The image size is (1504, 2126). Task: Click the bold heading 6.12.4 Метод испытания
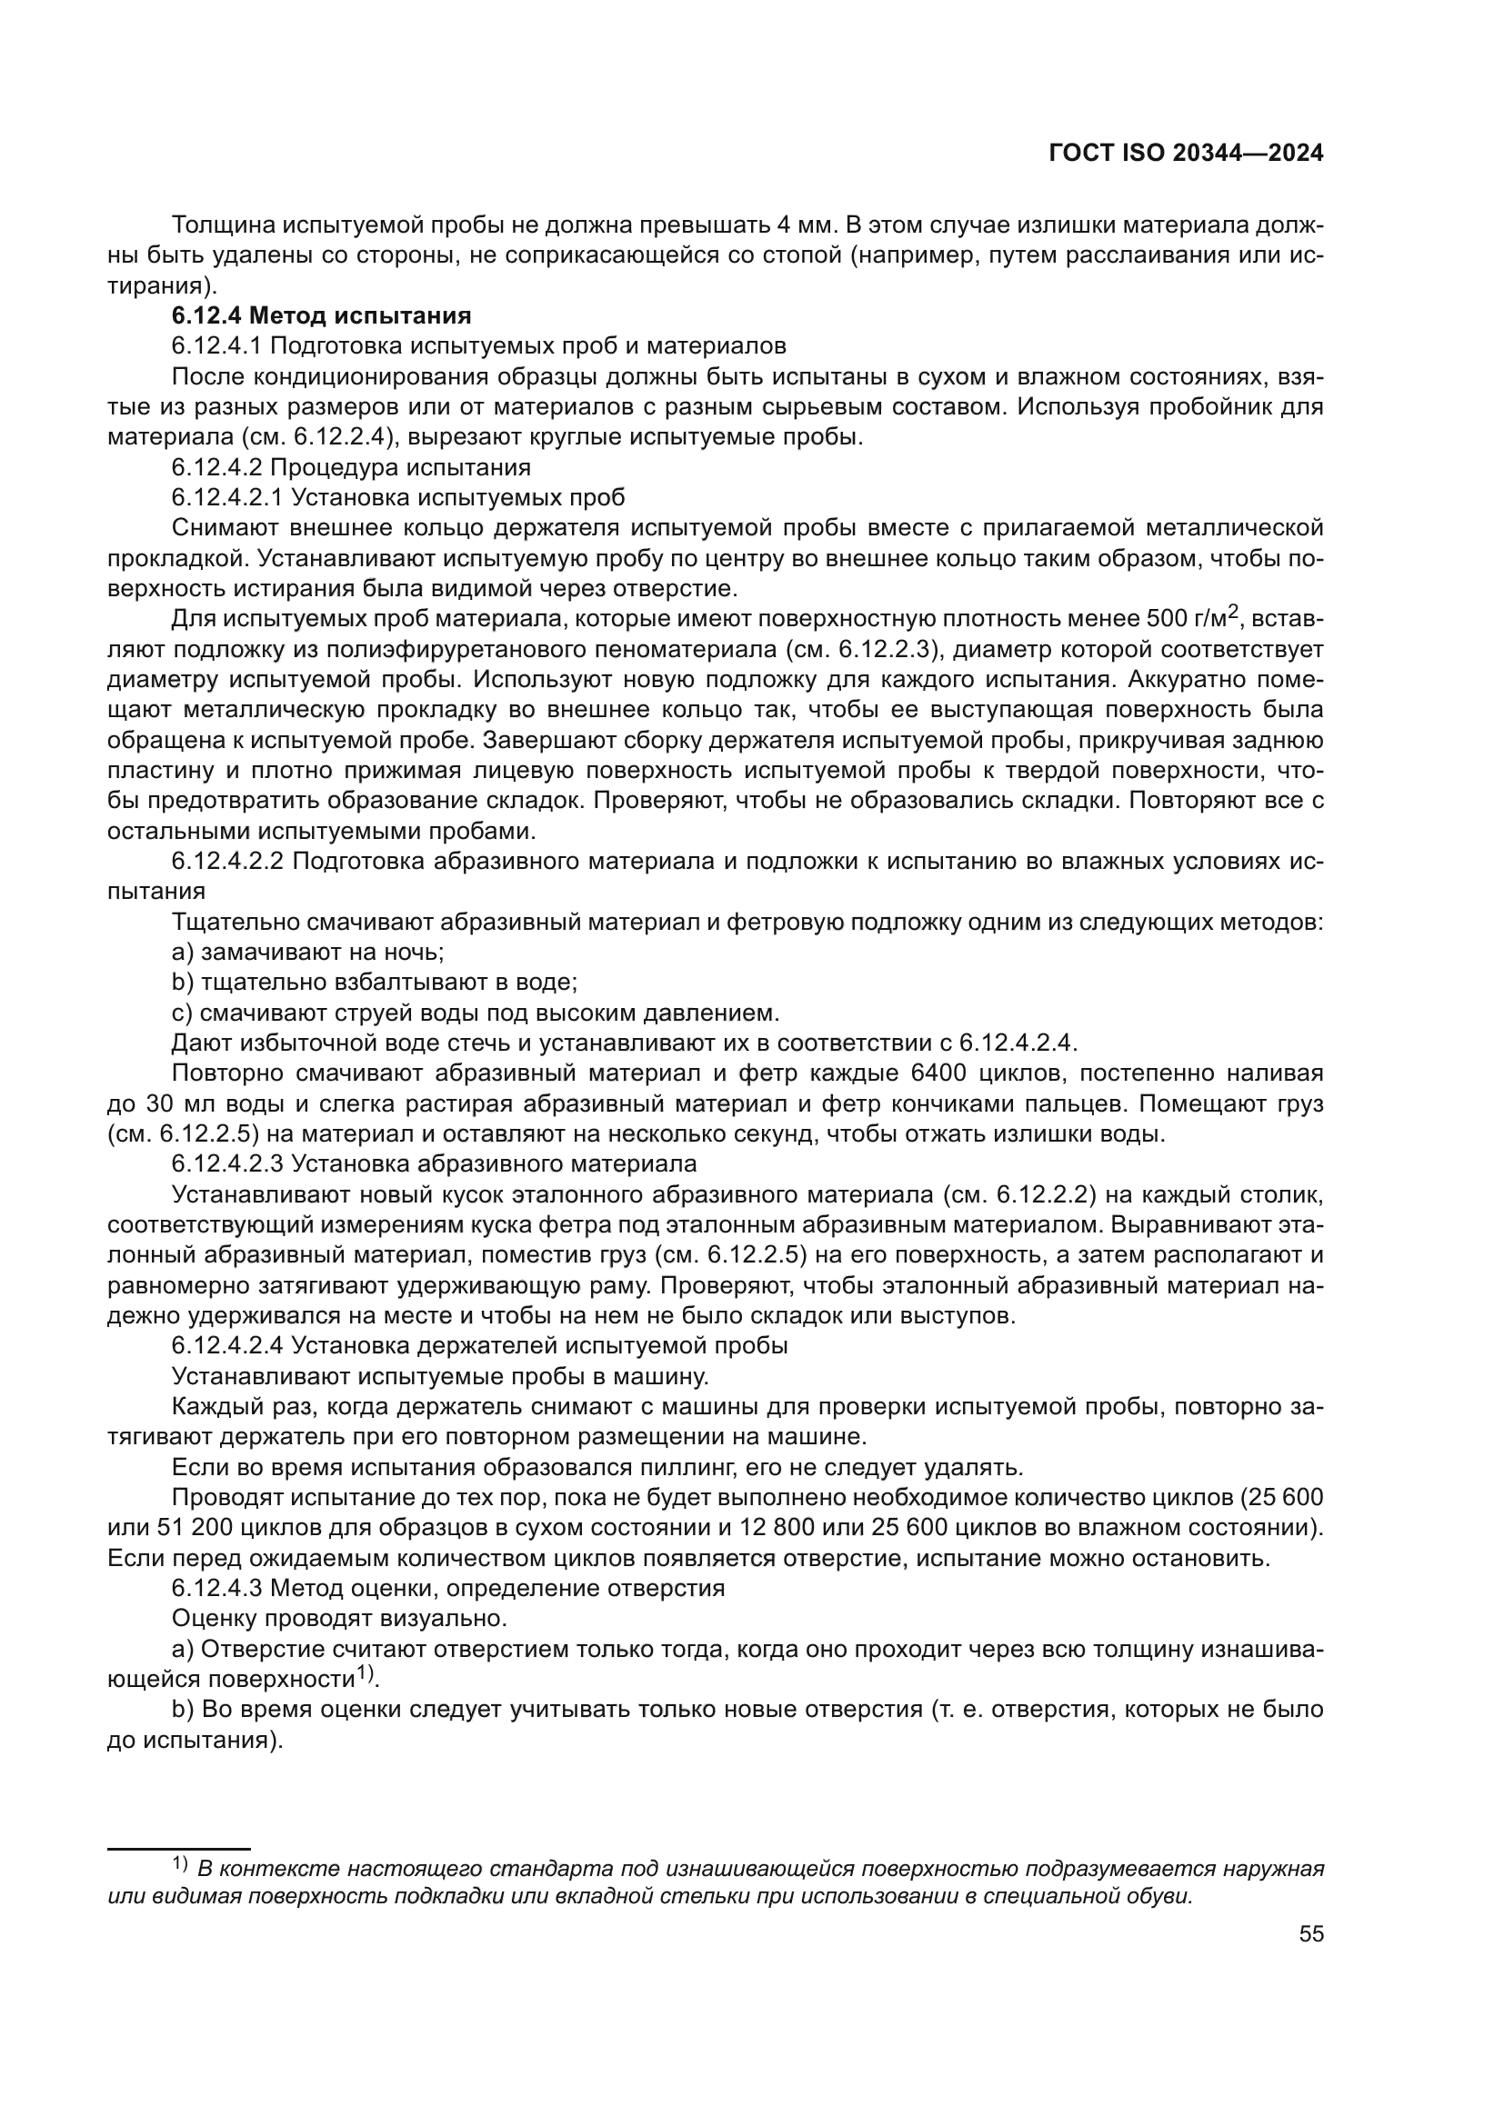[x=321, y=315]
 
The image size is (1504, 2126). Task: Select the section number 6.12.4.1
[x=217, y=346]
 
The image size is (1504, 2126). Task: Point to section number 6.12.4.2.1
[x=227, y=497]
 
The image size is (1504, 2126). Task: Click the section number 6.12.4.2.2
[x=227, y=860]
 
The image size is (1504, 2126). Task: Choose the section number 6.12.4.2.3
[x=227, y=1163]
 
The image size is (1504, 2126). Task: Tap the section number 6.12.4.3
[x=217, y=1588]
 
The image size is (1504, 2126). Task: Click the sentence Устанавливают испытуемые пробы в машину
[x=440, y=1376]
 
